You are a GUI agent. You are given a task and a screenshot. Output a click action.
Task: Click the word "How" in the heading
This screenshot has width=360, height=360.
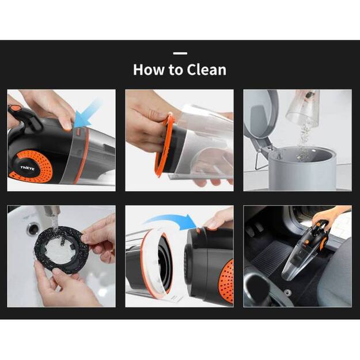pyautogui.click(x=147, y=70)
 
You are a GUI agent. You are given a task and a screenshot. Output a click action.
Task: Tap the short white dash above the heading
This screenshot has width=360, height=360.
pyautogui.click(x=180, y=53)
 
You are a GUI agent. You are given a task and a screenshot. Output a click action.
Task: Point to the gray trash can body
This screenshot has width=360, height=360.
pyautogui.click(x=311, y=170)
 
